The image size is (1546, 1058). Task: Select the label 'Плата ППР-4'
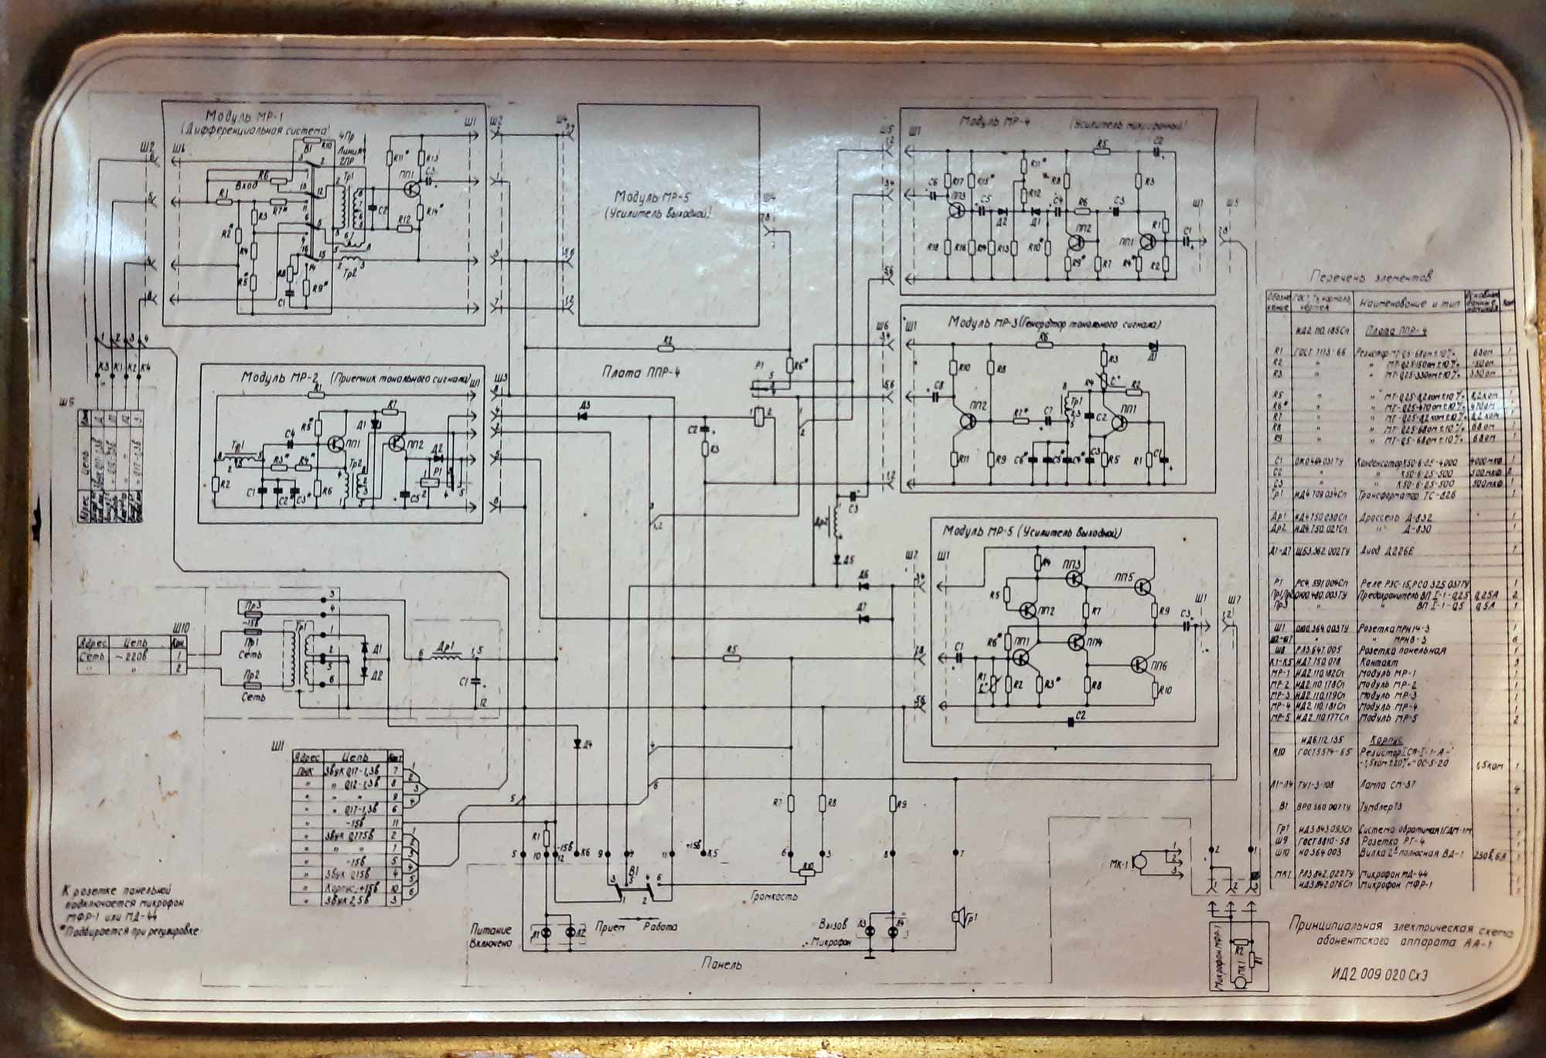tap(635, 373)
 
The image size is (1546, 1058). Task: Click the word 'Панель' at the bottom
tap(723, 964)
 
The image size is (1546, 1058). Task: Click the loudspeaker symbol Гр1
tap(959, 917)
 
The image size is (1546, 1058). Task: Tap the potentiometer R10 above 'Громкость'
tap(807, 870)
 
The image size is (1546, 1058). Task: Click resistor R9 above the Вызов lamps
tap(893, 804)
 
